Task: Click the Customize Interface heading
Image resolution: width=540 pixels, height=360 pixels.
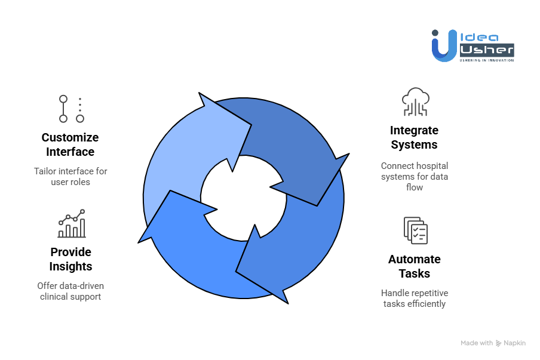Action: tap(70, 144)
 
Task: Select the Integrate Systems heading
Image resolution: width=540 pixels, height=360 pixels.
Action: tap(414, 137)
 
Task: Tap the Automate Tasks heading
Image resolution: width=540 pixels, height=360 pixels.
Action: tap(414, 266)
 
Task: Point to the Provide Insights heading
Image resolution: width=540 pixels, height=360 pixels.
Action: tap(70, 259)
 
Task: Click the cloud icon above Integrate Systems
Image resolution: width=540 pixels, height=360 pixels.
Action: tap(415, 101)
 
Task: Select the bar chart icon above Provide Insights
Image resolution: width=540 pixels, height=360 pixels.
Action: tap(72, 224)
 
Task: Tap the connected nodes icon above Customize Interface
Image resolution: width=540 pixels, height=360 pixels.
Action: tap(71, 109)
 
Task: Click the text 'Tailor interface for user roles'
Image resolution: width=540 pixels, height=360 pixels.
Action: tap(70, 176)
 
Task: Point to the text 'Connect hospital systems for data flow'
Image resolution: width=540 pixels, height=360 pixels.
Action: tap(414, 176)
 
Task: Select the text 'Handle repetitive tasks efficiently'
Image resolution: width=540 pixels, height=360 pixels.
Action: tap(414, 298)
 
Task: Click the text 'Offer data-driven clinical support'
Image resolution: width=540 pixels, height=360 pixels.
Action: tap(70, 291)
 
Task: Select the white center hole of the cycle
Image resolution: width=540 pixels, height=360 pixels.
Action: tap(243, 197)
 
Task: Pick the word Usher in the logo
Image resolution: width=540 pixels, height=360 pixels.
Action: tap(486, 51)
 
